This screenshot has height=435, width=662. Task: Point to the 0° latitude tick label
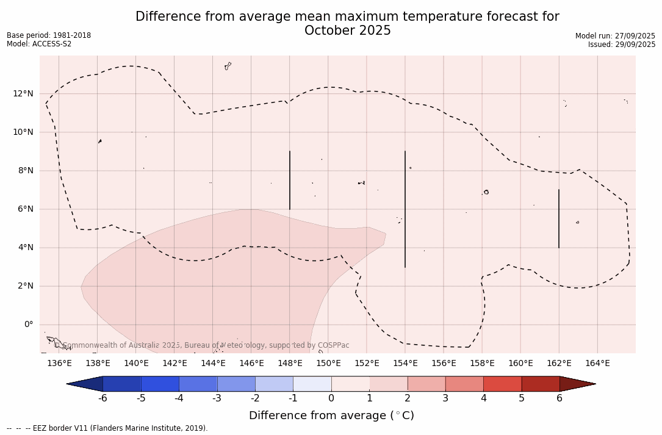(29, 325)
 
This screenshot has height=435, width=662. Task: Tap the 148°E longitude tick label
(290, 364)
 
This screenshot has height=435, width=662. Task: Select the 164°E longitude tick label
(597, 364)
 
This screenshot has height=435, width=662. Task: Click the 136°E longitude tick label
(59, 364)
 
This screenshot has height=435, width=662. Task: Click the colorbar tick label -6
(103, 398)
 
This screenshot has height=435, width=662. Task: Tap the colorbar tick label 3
(445, 398)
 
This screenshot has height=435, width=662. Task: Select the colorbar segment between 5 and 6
(541, 384)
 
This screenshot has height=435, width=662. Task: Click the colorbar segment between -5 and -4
(160, 384)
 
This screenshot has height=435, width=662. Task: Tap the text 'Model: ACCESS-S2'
(39, 44)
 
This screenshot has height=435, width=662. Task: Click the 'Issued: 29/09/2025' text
(622, 45)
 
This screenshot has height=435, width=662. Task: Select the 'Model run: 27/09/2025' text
(615, 36)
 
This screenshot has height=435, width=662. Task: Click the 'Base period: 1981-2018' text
(49, 35)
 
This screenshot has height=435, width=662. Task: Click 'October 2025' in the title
(347, 31)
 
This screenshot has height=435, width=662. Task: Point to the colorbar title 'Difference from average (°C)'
(331, 415)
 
